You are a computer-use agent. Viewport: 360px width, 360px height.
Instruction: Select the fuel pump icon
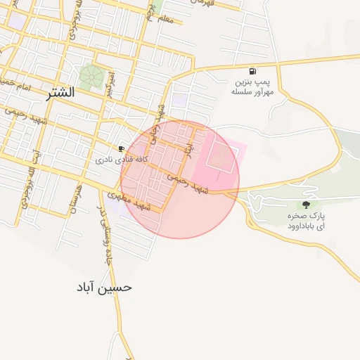click(x=252, y=72)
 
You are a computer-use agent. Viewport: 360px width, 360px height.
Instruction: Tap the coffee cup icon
click(x=122, y=149)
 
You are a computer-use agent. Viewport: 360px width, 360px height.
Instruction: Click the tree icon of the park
click(x=305, y=205)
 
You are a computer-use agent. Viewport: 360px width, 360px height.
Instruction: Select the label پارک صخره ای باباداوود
click(x=306, y=220)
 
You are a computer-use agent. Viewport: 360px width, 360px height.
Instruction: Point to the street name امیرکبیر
click(x=110, y=84)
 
